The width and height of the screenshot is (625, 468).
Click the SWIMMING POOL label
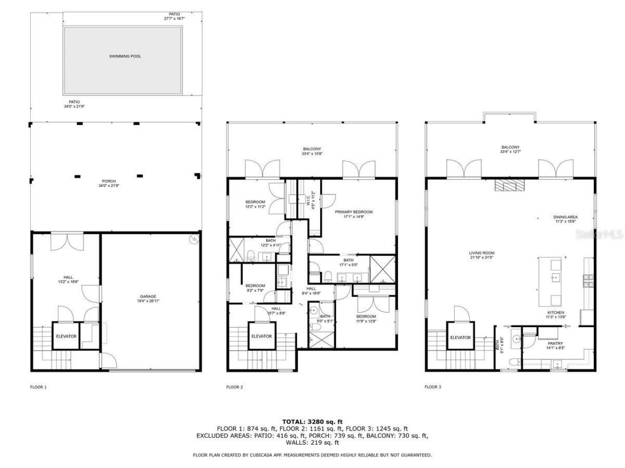[x=125, y=57]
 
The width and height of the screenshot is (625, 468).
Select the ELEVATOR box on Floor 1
[x=66, y=336]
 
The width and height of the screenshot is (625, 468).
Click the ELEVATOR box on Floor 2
[x=261, y=336]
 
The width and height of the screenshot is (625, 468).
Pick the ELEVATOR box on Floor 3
[x=460, y=337]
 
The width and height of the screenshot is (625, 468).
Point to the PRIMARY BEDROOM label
[x=354, y=212]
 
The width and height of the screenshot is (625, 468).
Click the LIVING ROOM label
[x=482, y=253]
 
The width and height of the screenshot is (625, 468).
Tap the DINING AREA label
[x=565, y=217]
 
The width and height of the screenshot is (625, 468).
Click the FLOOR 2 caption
[x=234, y=387]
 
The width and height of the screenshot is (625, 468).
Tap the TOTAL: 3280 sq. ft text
[x=312, y=421]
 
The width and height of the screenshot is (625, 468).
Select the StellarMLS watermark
[x=606, y=235]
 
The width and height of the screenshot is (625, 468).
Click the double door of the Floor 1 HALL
[x=64, y=242]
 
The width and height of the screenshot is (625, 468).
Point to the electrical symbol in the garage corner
[x=194, y=239]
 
